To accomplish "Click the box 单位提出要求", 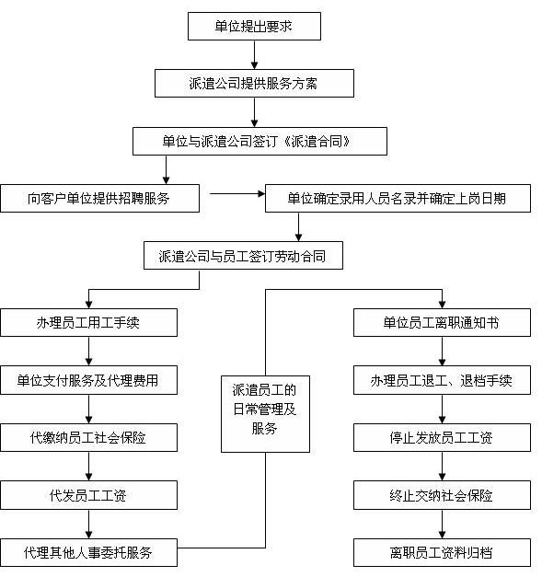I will coord(254,26).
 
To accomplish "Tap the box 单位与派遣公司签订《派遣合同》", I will coord(259,141).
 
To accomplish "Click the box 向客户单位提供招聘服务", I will coord(99,198).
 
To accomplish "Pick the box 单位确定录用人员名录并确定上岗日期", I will coord(398,198).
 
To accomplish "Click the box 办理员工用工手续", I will coord(88,322).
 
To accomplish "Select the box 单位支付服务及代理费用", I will coord(88,379).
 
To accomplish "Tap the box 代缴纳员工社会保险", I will coord(88,437).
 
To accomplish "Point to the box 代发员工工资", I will coord(88,495).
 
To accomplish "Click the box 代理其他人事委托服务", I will coord(88,552).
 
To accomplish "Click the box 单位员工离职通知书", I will coord(443,322).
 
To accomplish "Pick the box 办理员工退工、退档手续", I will coord(443,379).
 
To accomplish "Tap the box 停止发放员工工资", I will coord(443,437).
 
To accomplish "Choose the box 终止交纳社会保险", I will coord(443,495).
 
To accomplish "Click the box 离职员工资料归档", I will coord(443,552).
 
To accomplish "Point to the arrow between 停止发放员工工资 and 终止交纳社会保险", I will coord(443,466).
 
